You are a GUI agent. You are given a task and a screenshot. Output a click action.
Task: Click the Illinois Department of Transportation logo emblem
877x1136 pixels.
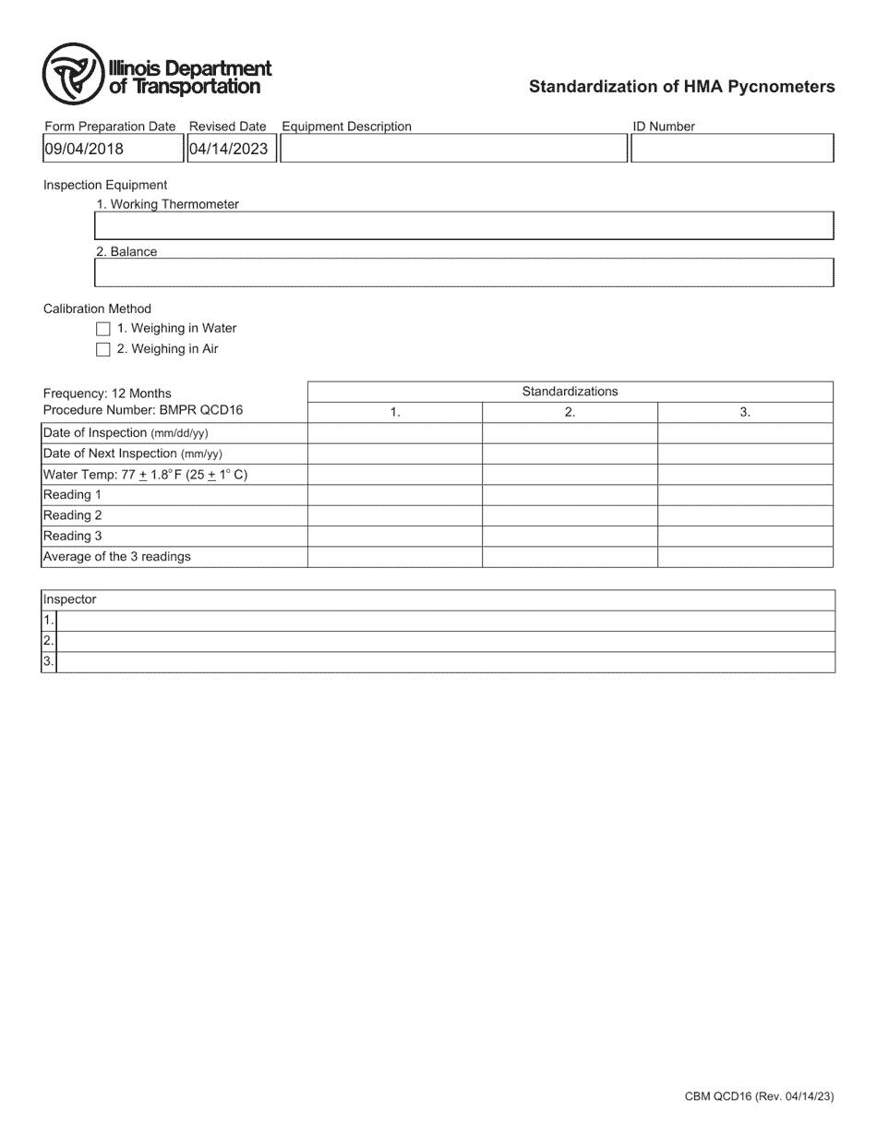pyautogui.click(x=72, y=74)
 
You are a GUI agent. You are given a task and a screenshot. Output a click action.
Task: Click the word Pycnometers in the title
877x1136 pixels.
pyautogui.click(x=788, y=87)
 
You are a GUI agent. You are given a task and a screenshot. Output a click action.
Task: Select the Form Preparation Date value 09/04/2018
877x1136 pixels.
pyautogui.click(x=84, y=149)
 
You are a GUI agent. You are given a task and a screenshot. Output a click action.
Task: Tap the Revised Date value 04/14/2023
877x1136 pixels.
pyautogui.click(x=229, y=149)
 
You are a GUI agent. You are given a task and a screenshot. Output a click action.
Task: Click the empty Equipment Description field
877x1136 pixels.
pyautogui.click(x=453, y=149)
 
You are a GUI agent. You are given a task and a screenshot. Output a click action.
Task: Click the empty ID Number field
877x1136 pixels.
pyautogui.click(x=732, y=149)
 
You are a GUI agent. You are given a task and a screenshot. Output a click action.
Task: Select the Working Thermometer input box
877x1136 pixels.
pyautogui.click(x=463, y=226)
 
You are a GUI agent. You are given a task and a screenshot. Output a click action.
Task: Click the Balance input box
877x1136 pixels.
pyautogui.click(x=463, y=273)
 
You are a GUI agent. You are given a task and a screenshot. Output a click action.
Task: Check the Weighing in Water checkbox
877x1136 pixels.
pyautogui.click(x=103, y=329)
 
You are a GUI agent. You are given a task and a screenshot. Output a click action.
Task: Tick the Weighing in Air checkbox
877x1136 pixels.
pyautogui.click(x=103, y=350)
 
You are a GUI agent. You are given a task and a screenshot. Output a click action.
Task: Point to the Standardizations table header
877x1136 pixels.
pyautogui.click(x=570, y=392)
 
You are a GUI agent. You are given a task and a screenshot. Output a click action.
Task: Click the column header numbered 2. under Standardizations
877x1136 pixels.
pyautogui.click(x=570, y=413)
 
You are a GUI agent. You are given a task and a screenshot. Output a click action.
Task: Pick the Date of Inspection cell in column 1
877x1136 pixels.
pyautogui.click(x=394, y=433)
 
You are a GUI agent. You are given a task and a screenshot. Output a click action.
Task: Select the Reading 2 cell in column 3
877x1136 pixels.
pyautogui.click(x=745, y=516)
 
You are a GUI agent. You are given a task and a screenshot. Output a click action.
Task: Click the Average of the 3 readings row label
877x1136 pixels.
pyautogui.click(x=117, y=557)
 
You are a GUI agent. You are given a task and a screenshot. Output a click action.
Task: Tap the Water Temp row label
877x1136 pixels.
pyautogui.click(x=145, y=475)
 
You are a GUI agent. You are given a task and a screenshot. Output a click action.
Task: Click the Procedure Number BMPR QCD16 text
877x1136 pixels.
pyautogui.click(x=143, y=410)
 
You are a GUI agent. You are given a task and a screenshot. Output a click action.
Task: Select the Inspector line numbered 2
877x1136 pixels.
pyautogui.click(x=445, y=641)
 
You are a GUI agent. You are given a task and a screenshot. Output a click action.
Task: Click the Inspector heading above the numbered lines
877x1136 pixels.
pyautogui.click(x=70, y=600)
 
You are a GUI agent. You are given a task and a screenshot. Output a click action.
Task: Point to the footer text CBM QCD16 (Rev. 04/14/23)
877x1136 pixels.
pyautogui.click(x=759, y=1097)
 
